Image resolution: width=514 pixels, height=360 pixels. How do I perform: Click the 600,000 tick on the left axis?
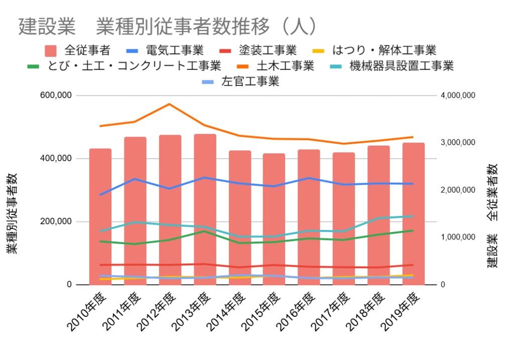(59, 95)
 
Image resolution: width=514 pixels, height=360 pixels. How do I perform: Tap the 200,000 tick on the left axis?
(59, 221)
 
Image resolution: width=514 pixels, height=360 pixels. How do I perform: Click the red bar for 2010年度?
(100, 216)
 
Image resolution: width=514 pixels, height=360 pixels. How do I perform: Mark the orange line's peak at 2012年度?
(170, 104)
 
